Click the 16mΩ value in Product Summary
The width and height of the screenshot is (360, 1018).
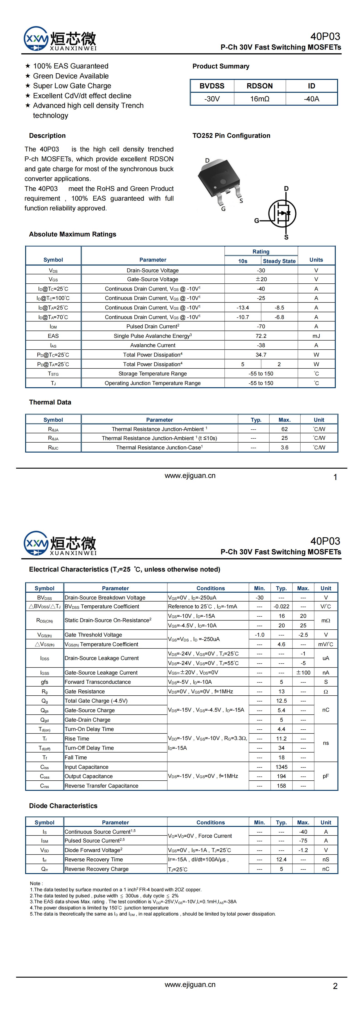pos(260,99)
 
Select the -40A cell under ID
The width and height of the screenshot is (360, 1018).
pos(311,99)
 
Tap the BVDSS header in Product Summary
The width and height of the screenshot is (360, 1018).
pos(212,86)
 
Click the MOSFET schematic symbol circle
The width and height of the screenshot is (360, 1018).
pos(282,213)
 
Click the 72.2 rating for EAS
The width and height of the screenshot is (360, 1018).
pos(261,336)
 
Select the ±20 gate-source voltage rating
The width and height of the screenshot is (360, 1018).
pos(261,279)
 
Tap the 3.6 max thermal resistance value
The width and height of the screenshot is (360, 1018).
pos(285,447)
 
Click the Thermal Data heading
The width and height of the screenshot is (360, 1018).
pos(50,402)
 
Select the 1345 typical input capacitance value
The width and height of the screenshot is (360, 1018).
pos(281,767)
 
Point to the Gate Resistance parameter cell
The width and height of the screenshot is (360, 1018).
pos(85,691)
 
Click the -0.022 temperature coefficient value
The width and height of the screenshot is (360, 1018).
pos(281,606)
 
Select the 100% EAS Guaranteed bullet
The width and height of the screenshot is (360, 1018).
pos(70,66)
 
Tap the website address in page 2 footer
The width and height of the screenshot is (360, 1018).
pos(190,984)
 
